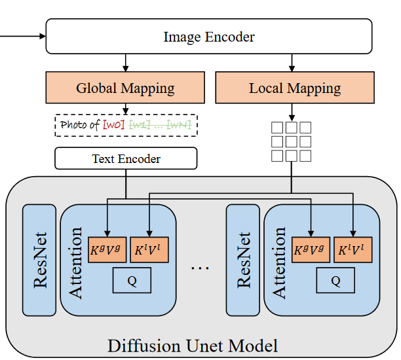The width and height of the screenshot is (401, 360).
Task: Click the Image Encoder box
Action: [209, 37]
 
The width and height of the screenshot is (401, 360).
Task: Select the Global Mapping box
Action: [125, 88]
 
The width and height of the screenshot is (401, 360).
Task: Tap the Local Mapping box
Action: [295, 88]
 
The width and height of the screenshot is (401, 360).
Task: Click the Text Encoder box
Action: [126, 158]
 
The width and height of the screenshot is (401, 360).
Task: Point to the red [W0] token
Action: [113, 124]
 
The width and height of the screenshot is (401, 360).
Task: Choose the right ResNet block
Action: [242, 259]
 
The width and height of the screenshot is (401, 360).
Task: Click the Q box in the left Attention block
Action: [132, 280]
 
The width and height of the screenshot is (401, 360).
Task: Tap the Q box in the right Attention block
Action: [335, 280]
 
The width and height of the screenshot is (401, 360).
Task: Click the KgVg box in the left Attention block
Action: [107, 249]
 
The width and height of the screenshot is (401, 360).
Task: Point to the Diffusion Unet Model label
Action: [193, 345]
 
